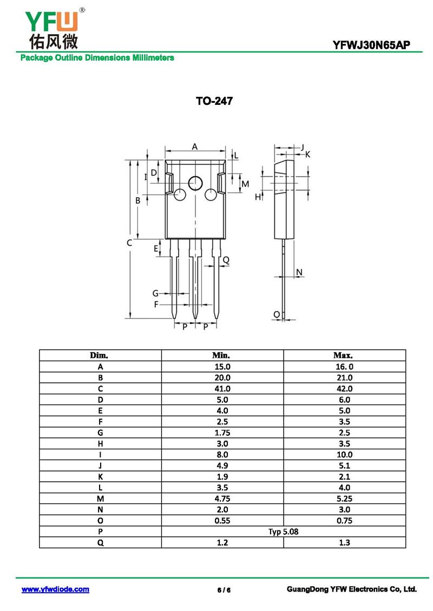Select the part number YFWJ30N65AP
pos(371,45)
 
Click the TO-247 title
pos(214,101)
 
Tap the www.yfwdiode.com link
pos(55,589)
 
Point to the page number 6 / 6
pos(224,590)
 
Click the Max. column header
pos(343,355)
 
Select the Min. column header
pos(221,355)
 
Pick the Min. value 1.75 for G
pos(222,433)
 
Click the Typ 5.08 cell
pos(283,532)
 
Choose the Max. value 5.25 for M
pos(344,499)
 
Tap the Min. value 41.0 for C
pos(222,389)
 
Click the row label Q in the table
pos(100,543)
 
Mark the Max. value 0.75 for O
pos(344,521)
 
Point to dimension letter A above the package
pos(195,147)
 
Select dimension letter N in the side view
pos(299,272)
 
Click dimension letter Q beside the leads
pos(226,260)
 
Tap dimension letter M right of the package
pos(245,184)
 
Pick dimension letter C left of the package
pos(129,243)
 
